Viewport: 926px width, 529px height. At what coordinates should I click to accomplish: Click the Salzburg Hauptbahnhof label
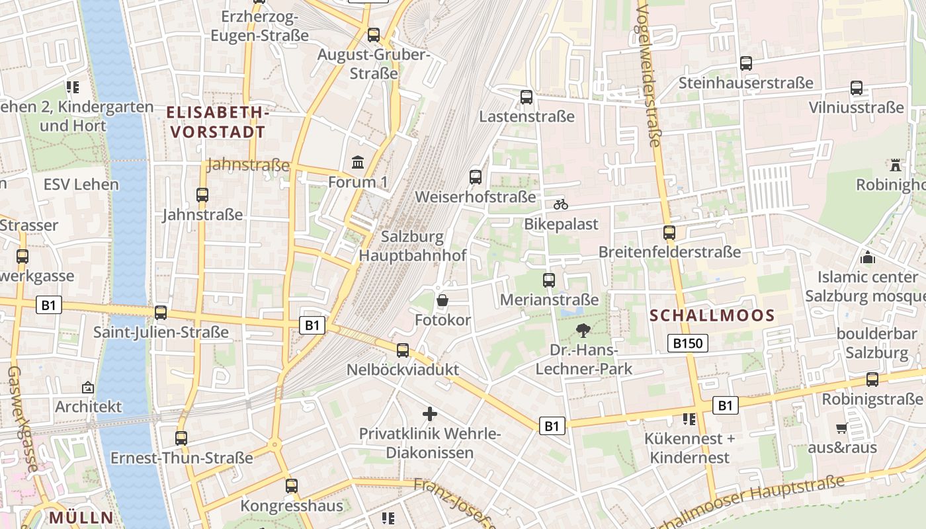[x=413, y=245]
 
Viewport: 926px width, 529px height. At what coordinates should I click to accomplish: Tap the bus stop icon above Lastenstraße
[x=526, y=97]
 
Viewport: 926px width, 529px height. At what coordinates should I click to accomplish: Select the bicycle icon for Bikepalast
[x=561, y=204]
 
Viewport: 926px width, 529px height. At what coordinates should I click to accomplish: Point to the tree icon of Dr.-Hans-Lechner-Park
[x=583, y=330]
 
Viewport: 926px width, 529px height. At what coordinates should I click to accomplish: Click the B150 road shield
[x=688, y=343]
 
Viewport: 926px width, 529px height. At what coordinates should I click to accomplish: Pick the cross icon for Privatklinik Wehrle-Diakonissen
[x=430, y=414]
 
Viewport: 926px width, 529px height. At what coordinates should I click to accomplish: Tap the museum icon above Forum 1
[x=358, y=162]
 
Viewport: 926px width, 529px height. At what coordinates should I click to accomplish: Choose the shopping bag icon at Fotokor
[x=442, y=301]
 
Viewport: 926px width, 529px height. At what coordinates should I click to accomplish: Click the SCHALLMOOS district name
[x=712, y=316]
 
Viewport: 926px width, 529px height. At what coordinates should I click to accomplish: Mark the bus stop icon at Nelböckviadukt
[x=403, y=350]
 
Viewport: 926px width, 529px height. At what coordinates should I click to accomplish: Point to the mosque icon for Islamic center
[x=868, y=257]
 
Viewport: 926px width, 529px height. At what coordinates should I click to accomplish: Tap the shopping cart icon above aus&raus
[x=841, y=428]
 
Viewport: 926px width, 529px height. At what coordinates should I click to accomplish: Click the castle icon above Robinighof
[x=896, y=164]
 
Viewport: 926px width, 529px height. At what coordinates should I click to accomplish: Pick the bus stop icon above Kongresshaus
[x=292, y=486]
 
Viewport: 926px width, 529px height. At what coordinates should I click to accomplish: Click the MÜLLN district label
[x=81, y=517]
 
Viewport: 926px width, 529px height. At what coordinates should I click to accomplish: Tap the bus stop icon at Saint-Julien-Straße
[x=161, y=313]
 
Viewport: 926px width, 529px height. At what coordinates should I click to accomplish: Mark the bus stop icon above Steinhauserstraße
[x=746, y=63]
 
